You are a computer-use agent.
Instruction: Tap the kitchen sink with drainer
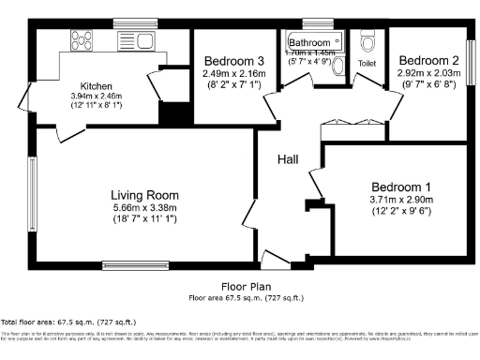[140, 40]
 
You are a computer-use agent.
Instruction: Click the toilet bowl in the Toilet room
[369, 43]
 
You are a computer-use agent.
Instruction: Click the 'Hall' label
[288, 160]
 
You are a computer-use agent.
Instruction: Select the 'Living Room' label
[144, 194]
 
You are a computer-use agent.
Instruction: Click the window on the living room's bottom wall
[129, 264]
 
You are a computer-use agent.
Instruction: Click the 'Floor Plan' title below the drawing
[246, 287]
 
